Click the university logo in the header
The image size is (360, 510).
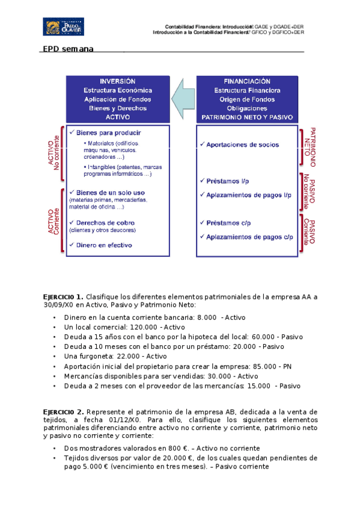(64, 26)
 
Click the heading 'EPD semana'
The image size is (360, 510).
(68, 49)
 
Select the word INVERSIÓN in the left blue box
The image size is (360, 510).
(117, 81)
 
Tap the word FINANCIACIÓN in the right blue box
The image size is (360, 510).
(246, 81)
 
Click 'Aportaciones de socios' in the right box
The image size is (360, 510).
(242, 145)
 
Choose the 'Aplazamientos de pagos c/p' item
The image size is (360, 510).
(249, 237)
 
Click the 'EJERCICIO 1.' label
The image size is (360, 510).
(64, 297)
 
